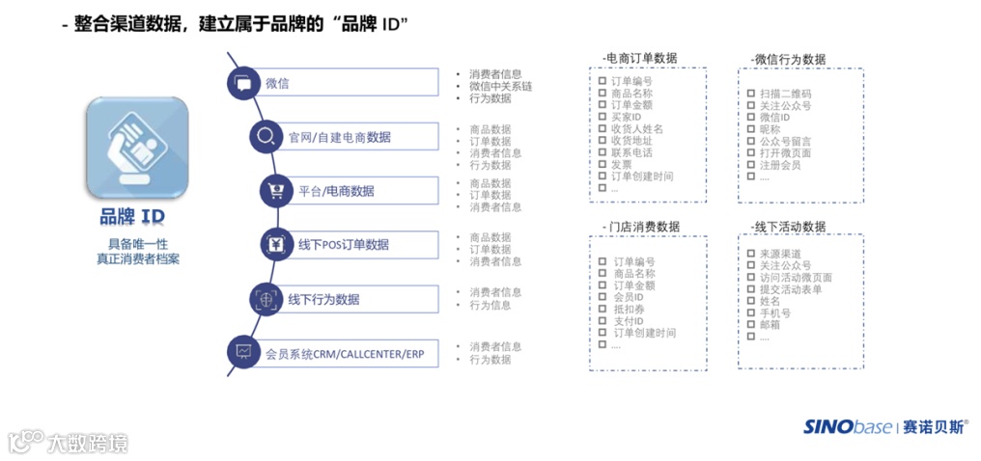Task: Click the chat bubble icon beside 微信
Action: tap(243, 83)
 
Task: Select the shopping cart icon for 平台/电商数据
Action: tap(277, 190)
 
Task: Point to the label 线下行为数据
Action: tap(323, 299)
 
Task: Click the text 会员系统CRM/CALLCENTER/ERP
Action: tap(345, 354)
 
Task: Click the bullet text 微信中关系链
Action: tap(500, 86)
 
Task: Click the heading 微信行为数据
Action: tap(788, 59)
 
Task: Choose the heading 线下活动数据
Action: tap(788, 227)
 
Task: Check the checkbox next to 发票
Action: tap(601, 165)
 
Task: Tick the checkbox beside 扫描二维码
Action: tap(750, 94)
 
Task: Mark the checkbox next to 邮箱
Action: tap(749, 325)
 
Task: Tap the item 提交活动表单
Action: tap(791, 288)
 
